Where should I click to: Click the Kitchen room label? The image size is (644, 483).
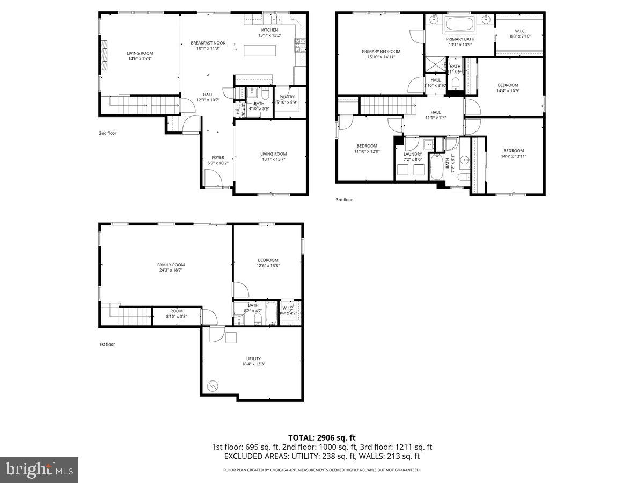[269, 30]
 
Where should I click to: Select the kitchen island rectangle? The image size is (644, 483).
[260, 50]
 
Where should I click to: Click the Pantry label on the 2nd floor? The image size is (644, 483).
[287, 97]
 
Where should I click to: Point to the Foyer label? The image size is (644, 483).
[218, 158]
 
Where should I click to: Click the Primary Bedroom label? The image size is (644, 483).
[380, 52]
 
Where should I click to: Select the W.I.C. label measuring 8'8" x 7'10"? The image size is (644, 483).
[519, 31]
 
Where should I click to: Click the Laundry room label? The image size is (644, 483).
[413, 154]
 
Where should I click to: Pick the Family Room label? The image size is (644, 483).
[171, 265]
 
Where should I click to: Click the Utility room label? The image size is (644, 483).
[253, 358]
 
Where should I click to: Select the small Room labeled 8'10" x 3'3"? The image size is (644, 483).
[177, 311]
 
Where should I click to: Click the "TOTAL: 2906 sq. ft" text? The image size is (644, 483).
[321, 437]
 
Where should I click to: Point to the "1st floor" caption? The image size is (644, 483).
[106, 345]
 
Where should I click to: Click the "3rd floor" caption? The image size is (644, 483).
[344, 200]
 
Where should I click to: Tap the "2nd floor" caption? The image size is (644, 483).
[107, 133]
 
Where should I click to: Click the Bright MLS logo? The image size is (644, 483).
[39, 470]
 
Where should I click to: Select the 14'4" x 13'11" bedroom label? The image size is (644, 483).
[513, 151]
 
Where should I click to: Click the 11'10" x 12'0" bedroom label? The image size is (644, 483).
[367, 146]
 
